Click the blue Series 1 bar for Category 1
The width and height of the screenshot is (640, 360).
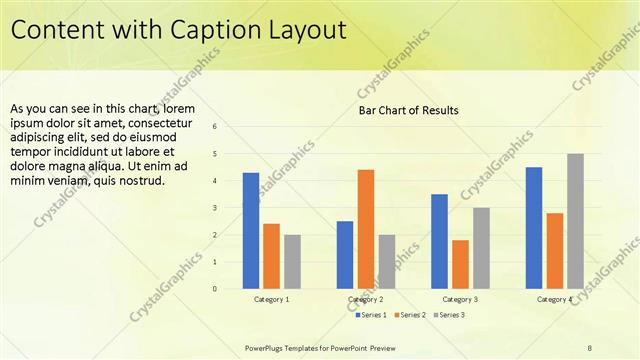pos(251,231)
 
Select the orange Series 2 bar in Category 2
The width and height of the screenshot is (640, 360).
pos(366,229)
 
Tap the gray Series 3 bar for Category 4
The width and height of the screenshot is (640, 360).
pos(575,221)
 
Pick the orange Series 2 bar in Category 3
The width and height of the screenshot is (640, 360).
pos(460,264)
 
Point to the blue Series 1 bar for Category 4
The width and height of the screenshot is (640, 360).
pos(534,228)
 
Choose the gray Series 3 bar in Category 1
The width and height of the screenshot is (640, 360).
pos(292,262)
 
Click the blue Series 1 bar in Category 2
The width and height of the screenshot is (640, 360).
pos(345,255)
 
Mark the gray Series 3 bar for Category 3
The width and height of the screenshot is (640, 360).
pos(481,248)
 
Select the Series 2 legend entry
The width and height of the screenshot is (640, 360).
pos(410,315)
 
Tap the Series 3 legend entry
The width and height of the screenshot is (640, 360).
pos(448,315)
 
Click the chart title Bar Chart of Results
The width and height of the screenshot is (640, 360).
pos(408,110)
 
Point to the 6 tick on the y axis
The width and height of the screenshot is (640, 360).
pos(214,127)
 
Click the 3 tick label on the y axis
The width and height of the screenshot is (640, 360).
pos(214,208)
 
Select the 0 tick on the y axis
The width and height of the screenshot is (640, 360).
pos(214,289)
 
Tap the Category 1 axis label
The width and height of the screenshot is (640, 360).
pos(271,299)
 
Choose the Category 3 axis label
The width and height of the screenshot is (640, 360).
pos(460,299)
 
